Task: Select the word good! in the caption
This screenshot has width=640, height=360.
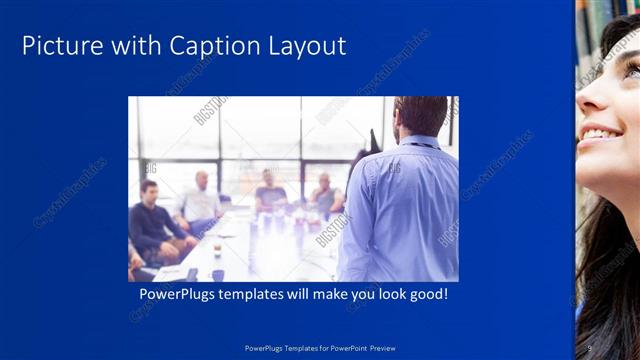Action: tap(427, 296)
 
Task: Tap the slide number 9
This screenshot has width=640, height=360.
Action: tap(590, 348)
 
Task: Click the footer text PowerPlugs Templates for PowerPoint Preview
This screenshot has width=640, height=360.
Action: tap(320, 348)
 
